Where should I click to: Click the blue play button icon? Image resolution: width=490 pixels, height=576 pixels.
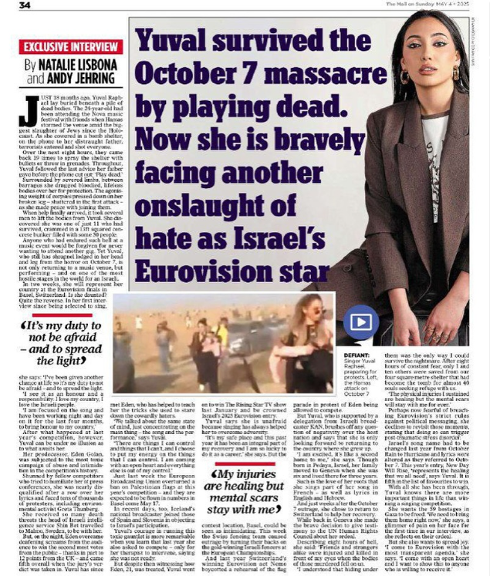[341, 324]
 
